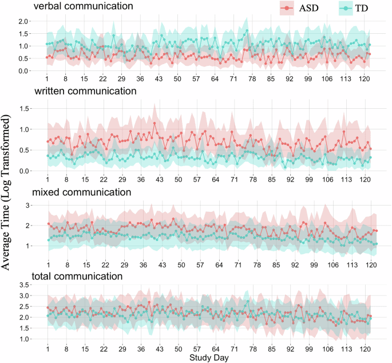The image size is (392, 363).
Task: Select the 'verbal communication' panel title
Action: coord(91,7)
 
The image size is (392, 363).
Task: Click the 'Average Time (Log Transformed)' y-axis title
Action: coord(7,192)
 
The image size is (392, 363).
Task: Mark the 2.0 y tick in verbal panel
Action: coord(23,21)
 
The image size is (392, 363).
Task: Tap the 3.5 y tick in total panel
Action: coord(23,285)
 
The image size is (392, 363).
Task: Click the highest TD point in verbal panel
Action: coord(247,31)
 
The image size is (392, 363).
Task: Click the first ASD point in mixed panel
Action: coord(48,224)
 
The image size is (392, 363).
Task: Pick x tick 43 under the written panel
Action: coord(162,179)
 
